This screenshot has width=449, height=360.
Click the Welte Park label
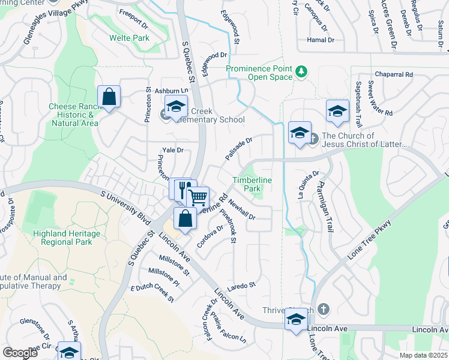point(129,38)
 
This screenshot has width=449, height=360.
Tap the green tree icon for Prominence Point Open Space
point(301,73)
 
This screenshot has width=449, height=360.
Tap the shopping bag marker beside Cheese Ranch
point(109,97)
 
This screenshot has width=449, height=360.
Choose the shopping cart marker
point(197,197)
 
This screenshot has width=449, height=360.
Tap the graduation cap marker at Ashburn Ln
point(176,107)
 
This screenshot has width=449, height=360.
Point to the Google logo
point(20,352)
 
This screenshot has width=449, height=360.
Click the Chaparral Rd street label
point(393,74)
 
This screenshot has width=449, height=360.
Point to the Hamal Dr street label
point(321,40)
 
